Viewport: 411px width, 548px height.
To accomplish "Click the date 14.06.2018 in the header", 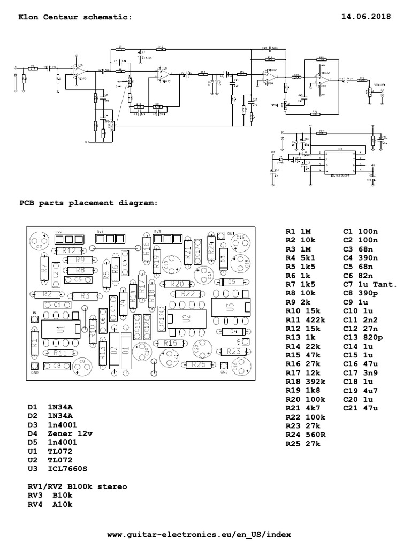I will pos(366,17).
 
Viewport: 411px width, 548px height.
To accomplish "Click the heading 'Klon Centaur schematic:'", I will pos(75,17).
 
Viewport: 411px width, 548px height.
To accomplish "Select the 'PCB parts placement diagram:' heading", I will pos(88,203).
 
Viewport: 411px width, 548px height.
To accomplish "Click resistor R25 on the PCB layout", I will pos(198,364).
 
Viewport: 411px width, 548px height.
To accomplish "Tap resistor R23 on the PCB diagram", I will pos(233,352).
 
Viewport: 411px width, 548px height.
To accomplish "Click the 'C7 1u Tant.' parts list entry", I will pos(370,285).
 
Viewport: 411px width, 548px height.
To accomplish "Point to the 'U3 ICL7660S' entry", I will pos(57,469).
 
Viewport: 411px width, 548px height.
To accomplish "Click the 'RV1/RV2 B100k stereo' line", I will pos(78,486).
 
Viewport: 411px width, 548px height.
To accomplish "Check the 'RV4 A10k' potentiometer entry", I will pos(50,504).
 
